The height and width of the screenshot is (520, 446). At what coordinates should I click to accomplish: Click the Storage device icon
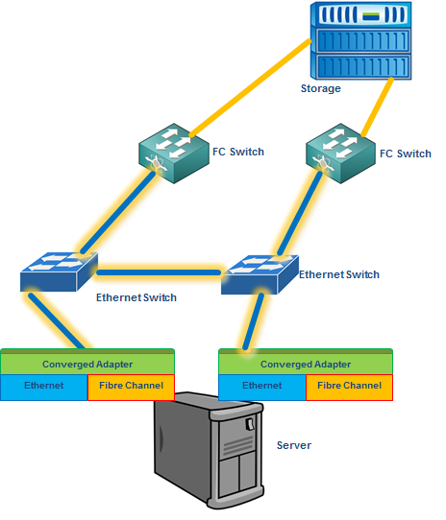pos(360,40)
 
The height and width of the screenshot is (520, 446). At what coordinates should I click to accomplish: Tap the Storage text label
pos(321,88)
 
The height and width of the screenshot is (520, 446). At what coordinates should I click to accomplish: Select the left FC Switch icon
pos(174,154)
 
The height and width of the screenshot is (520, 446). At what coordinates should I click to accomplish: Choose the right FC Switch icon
pos(340,154)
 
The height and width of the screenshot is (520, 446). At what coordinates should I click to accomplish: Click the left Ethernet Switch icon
pos(60,272)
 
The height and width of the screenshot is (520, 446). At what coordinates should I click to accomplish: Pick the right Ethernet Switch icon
pos(260,274)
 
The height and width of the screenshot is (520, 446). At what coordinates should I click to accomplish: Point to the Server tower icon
pos(209,450)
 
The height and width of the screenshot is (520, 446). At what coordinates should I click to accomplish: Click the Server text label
pos(294,445)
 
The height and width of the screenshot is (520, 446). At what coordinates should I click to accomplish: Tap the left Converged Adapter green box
pos(87,362)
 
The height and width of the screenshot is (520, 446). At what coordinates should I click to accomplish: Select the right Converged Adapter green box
pos(306,362)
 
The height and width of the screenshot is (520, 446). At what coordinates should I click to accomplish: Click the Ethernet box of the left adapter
pos(44,388)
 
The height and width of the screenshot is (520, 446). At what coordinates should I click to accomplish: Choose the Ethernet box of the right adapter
pos(262,388)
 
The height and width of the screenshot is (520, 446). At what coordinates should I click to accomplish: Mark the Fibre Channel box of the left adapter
pos(131,388)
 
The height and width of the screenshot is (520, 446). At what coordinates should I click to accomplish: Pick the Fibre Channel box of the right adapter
pos(349,388)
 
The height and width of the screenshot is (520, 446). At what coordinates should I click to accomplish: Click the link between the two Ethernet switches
pos(159,272)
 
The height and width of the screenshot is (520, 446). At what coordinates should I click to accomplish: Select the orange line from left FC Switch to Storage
pos(250,88)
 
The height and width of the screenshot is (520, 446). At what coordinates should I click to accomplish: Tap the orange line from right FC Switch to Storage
pos(378,107)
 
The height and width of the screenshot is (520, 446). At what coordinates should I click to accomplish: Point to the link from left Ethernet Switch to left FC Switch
pos(118,212)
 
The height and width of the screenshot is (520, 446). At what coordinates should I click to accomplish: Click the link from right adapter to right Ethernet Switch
pos(253,321)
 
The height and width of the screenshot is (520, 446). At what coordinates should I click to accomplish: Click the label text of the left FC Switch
pos(238,152)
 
